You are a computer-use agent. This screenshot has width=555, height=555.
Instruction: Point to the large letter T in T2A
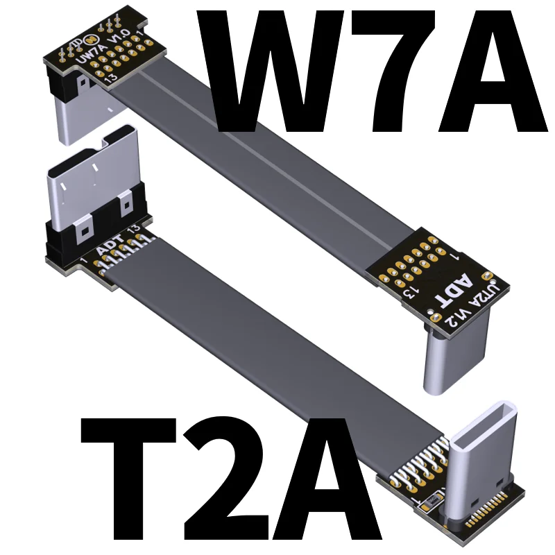click(128, 478)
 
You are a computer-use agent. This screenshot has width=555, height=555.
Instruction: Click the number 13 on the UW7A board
click(111, 78)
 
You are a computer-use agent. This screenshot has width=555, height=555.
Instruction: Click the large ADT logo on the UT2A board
click(454, 291)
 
